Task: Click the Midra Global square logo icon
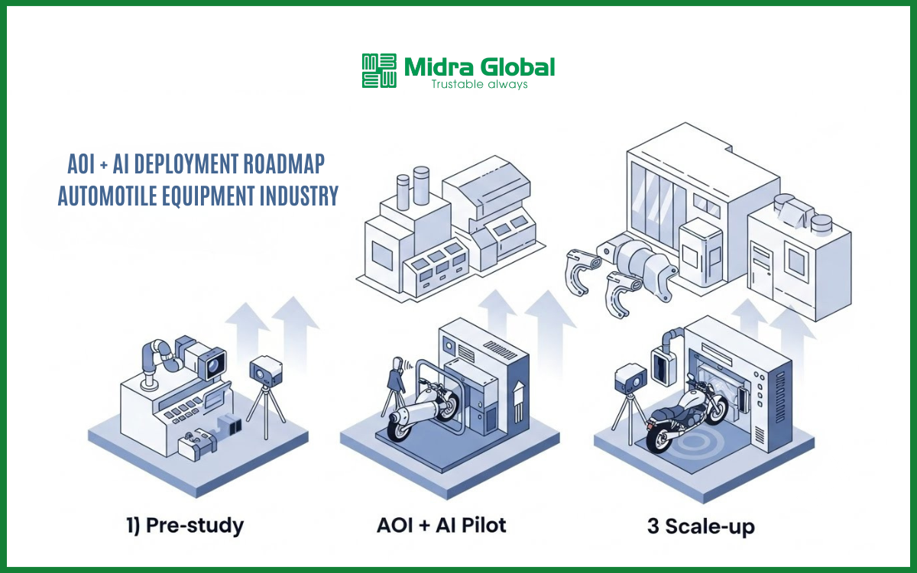(379, 71)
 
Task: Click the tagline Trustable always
(479, 84)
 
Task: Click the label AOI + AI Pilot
(441, 526)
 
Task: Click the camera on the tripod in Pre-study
(265, 371)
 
